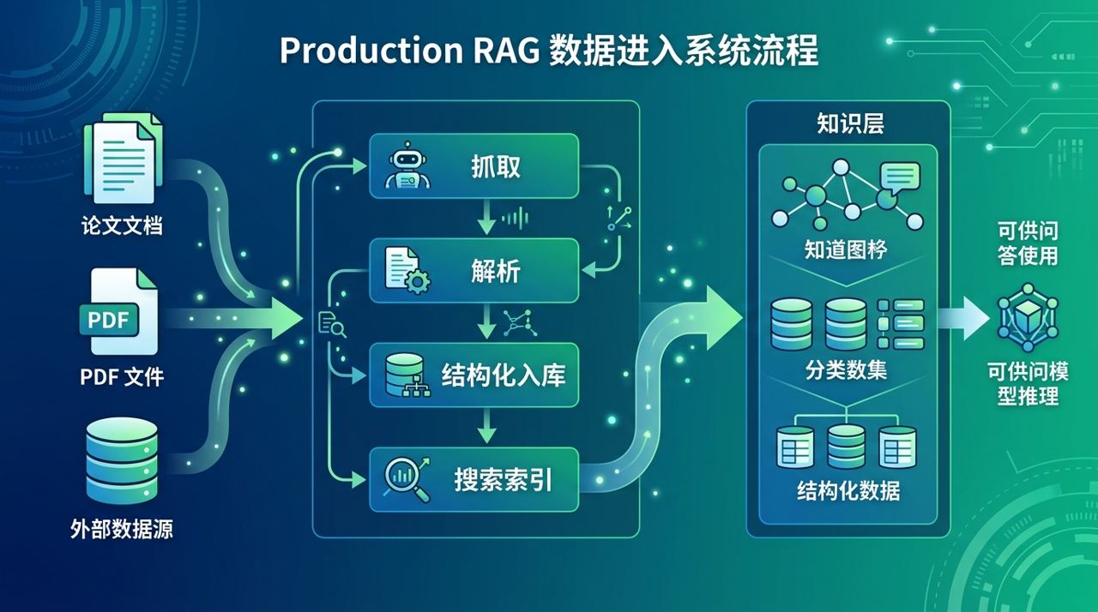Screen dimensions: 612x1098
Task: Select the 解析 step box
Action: (474, 271)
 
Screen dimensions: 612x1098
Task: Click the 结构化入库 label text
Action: (504, 375)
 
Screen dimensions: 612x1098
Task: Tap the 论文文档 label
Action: (122, 225)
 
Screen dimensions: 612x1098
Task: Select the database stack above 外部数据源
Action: (123, 460)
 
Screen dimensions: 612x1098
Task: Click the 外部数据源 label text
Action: (122, 529)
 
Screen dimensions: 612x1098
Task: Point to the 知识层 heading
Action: (849, 124)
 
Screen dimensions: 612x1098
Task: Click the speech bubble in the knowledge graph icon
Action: (899, 177)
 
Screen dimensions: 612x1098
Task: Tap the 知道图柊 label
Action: (846, 249)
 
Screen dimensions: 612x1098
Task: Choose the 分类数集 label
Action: (846, 370)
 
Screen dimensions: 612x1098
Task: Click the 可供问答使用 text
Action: (1028, 243)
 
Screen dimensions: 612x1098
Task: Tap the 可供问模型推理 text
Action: (1028, 384)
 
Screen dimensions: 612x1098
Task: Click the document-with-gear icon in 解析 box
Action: (406, 271)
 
